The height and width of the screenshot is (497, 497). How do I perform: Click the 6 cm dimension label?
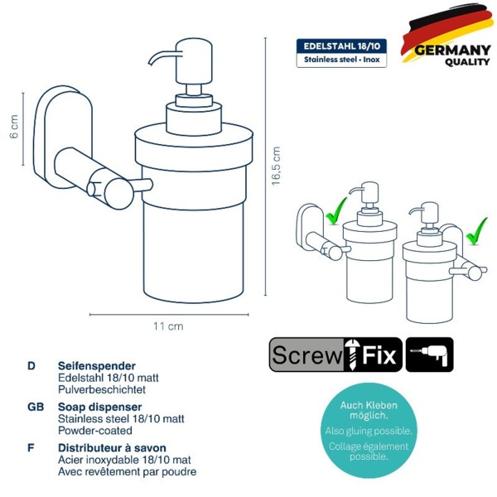14,127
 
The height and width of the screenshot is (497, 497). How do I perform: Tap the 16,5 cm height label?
276,166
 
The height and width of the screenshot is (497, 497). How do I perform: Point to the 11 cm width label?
168,326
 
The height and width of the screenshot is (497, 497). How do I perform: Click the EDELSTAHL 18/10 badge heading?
341,46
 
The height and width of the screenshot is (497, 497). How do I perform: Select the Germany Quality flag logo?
446,36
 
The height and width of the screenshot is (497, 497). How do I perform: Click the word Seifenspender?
97,366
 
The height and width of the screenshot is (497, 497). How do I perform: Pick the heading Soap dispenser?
100,407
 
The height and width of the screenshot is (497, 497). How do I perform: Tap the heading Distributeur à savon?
112,447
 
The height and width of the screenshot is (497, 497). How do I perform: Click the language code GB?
36,407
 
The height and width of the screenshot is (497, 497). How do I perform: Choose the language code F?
31,447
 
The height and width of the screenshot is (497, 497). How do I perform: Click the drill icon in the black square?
429,355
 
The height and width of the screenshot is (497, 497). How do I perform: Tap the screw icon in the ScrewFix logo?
351,355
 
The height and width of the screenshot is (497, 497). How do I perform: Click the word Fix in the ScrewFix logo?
379,355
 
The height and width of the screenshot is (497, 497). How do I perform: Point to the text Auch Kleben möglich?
369,410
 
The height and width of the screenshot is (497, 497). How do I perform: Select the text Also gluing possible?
369,431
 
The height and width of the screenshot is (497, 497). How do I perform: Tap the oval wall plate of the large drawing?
63,137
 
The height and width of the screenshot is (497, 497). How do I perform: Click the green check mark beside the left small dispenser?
336,210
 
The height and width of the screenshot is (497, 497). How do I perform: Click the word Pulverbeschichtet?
102,389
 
